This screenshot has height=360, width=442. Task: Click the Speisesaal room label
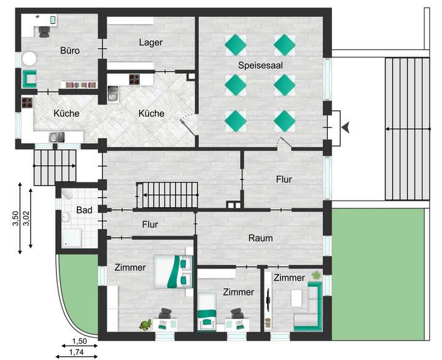point(260,65)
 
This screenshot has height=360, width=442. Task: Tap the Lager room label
point(151,42)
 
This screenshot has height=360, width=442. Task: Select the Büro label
point(70,50)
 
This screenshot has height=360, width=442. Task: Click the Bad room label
point(84,210)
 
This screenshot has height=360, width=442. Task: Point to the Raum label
point(260,238)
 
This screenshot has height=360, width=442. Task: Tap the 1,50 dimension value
point(79,341)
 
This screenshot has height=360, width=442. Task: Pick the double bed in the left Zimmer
point(174,271)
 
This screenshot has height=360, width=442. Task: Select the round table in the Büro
point(29,59)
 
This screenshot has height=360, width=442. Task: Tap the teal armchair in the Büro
point(29,79)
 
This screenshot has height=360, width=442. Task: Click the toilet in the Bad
point(68,194)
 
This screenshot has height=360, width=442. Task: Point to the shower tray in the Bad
point(72,237)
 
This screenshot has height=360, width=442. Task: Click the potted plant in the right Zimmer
point(316,275)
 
